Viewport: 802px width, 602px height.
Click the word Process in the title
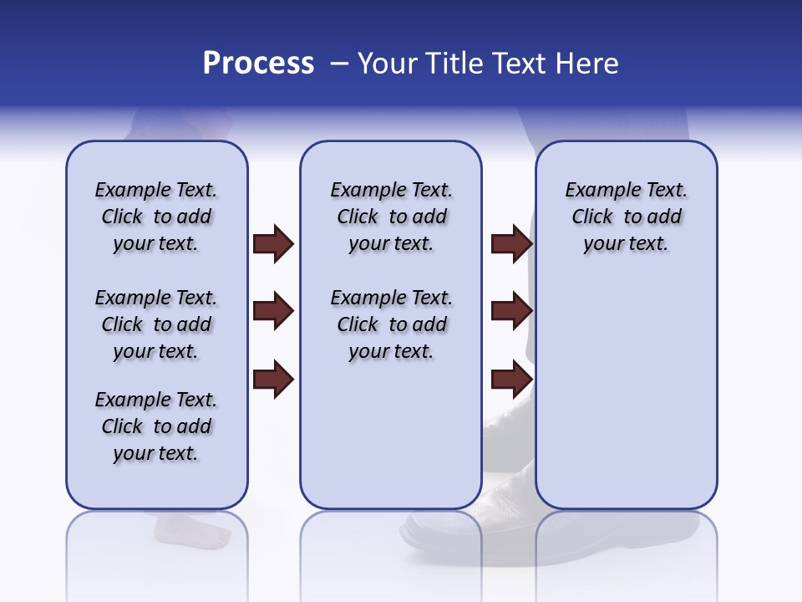pos(258,64)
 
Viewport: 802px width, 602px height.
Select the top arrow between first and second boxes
pos(273,243)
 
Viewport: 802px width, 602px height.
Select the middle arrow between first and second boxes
pos(273,311)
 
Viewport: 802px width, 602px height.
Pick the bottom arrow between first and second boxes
pos(273,380)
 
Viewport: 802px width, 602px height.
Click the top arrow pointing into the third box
pos(511,243)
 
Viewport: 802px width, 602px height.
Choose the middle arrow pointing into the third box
pos(511,311)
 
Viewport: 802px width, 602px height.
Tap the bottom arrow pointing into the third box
pos(511,380)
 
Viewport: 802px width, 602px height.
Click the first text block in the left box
pos(156,217)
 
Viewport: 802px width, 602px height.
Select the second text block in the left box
pos(156,324)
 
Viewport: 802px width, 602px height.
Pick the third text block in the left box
pos(156,426)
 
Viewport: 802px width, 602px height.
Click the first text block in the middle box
pos(392,217)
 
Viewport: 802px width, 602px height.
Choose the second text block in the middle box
pos(392,324)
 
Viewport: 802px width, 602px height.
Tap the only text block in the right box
pos(627,217)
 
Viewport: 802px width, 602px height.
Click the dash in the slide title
pos(339,64)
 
